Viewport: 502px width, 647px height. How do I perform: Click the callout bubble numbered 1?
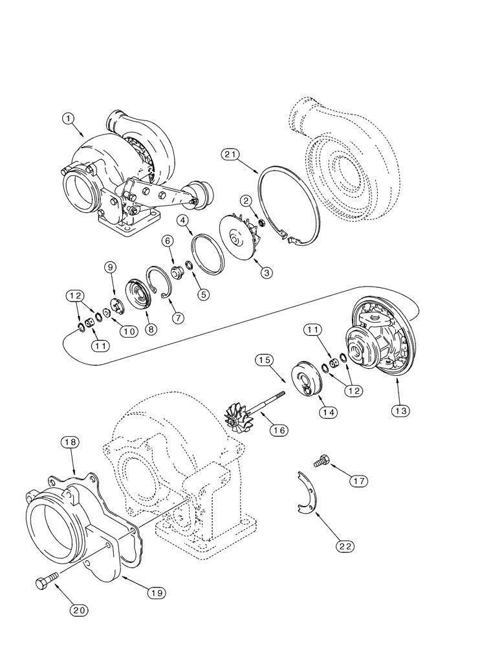69,118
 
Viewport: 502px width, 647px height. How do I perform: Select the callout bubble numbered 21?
230,155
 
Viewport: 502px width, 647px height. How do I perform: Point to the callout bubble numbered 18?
70,442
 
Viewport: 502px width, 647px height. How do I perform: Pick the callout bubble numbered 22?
346,545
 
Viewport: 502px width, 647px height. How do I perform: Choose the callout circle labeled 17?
360,481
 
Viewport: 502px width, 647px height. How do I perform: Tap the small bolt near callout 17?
322,462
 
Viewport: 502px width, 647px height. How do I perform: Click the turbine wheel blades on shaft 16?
235,414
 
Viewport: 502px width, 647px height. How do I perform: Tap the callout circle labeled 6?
167,240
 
